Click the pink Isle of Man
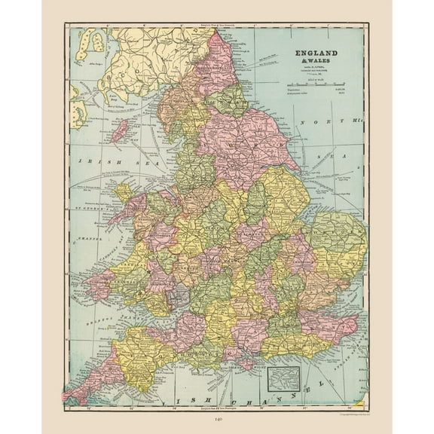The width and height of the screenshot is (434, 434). pos(119,131)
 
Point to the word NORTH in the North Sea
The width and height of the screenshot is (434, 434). pos(316,121)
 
